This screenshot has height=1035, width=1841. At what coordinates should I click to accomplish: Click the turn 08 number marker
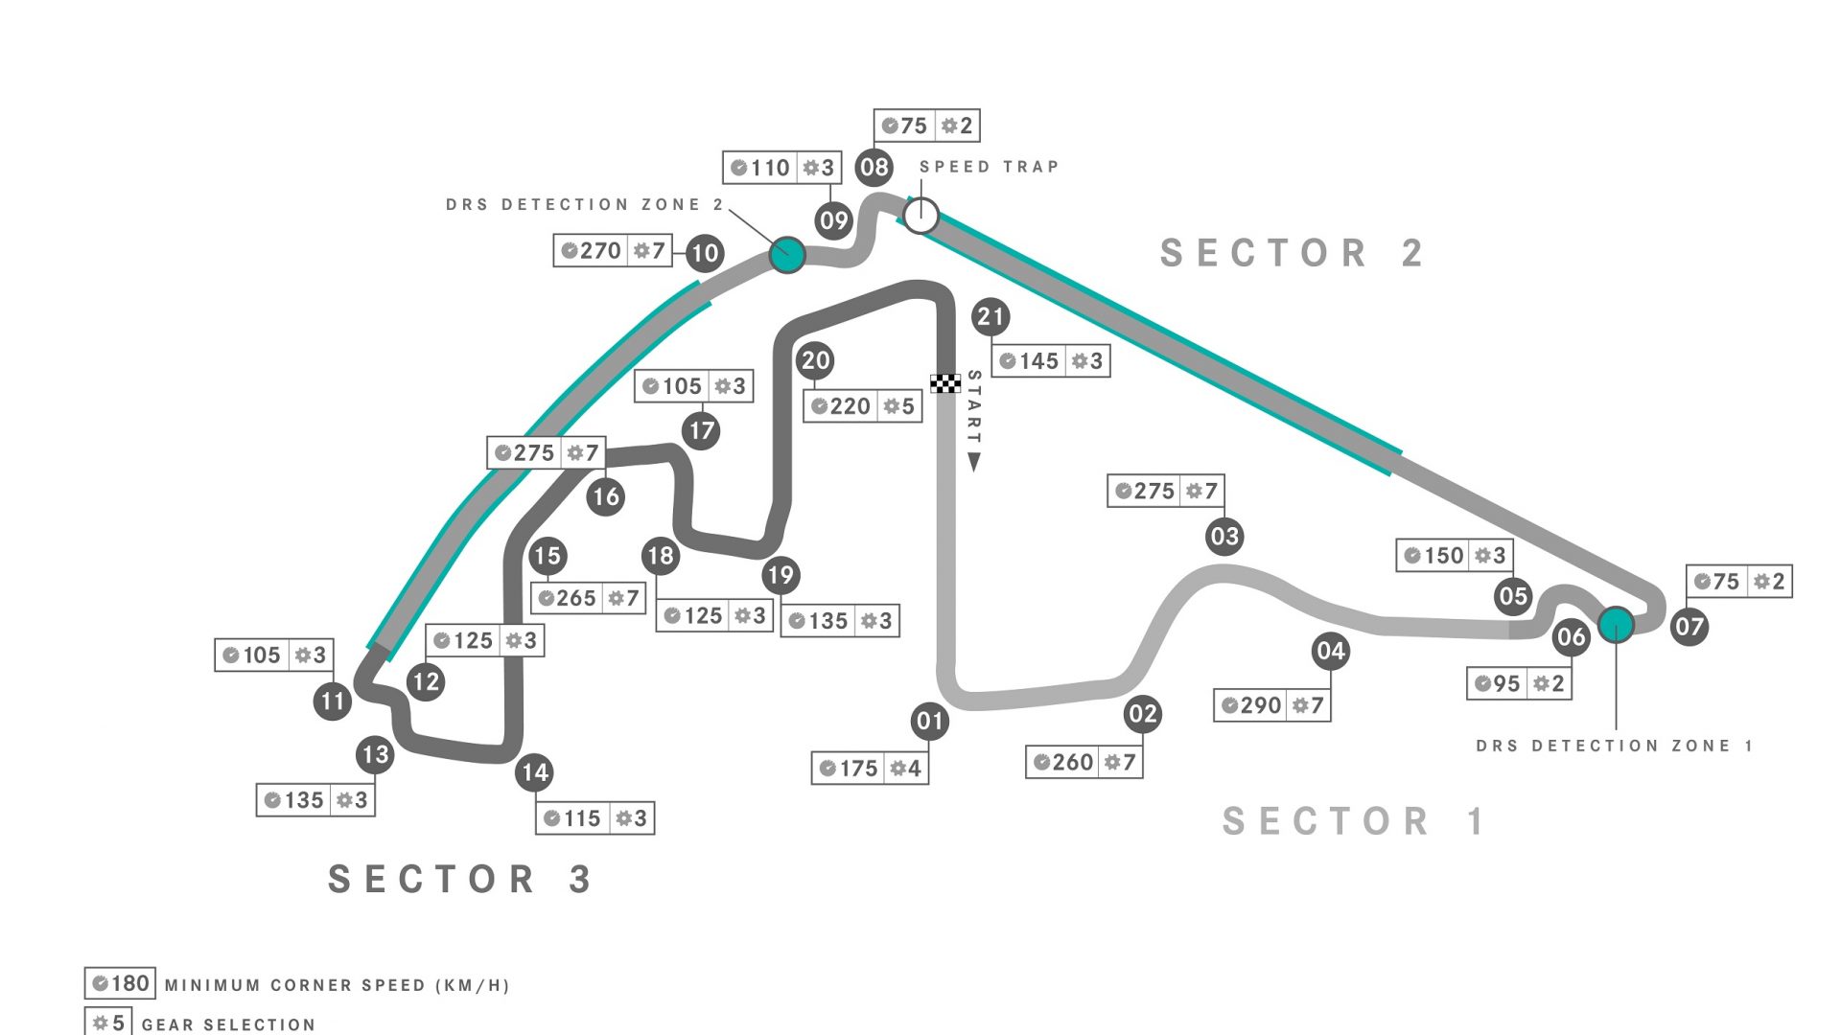(874, 168)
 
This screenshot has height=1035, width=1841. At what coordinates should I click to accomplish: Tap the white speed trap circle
(920, 216)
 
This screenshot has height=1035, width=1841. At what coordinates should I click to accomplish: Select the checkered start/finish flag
(945, 383)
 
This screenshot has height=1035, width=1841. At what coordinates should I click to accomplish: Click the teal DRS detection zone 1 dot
(1616, 625)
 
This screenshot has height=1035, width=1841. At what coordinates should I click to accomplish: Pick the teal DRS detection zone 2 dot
(787, 255)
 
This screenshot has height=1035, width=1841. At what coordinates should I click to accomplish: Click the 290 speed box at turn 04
(1271, 706)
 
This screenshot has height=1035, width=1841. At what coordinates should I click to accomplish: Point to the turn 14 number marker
(535, 772)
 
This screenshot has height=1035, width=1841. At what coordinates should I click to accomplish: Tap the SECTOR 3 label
(460, 880)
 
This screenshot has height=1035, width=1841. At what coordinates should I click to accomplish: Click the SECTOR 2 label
(1291, 254)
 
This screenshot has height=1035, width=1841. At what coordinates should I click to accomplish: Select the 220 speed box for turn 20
(862, 406)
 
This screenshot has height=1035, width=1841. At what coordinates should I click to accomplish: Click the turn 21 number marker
(990, 317)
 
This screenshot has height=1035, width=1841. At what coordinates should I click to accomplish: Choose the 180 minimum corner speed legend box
(120, 984)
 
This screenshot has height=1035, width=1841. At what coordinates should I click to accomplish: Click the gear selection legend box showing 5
(108, 1023)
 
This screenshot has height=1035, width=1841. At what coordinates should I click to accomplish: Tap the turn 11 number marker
(333, 701)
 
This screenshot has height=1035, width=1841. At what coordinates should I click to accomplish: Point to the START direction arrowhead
(974, 463)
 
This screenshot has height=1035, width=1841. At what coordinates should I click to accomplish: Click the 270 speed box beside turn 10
(613, 251)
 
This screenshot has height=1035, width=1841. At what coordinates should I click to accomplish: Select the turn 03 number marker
(1224, 537)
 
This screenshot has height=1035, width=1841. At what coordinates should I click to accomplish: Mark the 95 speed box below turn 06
(1519, 684)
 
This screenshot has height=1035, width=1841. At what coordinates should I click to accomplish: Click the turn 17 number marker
(702, 430)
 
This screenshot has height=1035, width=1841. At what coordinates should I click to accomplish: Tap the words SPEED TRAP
(989, 167)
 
